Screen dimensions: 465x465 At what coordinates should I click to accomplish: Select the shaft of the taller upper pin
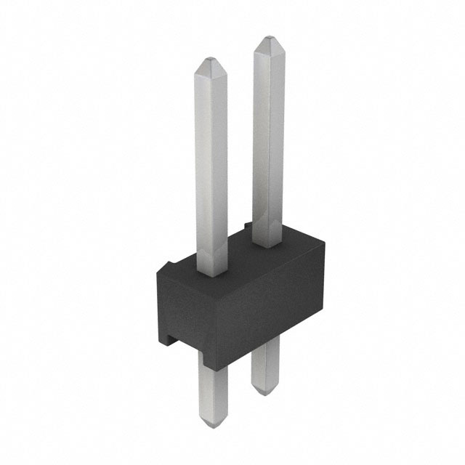pos(269,138)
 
